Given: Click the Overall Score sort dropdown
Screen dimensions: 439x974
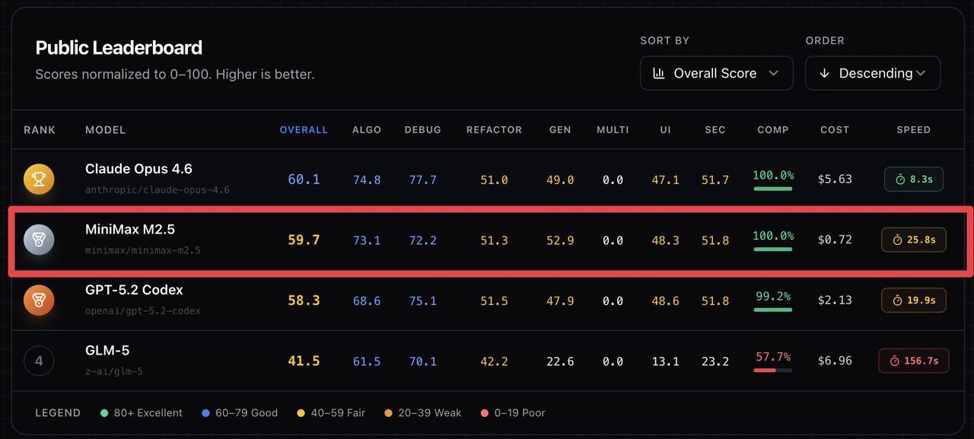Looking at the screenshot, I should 716,73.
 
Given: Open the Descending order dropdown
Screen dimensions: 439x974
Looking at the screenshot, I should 872,73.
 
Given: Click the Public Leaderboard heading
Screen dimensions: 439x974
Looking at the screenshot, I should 119,48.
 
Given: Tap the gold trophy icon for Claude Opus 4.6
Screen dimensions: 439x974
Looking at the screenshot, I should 39,179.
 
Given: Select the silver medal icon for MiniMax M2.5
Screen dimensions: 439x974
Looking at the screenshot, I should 39,240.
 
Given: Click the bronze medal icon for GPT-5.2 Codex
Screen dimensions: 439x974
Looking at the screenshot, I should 39,300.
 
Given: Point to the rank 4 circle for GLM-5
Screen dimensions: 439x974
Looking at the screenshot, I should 39,361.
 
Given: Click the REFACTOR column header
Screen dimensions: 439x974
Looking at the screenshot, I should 494,130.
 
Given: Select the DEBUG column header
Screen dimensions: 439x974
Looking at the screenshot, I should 422,130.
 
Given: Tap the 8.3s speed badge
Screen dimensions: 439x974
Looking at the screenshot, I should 913,179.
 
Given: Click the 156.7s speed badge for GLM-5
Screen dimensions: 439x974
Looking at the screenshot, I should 913,361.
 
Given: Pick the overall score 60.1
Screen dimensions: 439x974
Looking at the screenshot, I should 304,180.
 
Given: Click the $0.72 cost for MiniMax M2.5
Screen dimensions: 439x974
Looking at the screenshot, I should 835,240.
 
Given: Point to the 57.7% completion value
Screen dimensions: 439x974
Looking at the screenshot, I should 773,357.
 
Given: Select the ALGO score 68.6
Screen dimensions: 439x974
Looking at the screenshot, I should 367,301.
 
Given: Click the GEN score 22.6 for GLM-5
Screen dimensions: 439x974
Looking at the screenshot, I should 560,361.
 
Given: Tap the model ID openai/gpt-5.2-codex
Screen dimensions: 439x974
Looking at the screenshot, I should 143,310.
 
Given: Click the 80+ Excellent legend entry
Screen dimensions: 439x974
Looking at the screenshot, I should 142,413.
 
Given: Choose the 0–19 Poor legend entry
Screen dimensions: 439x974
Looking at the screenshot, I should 513,413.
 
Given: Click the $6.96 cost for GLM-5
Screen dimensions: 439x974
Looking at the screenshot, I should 835,361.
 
